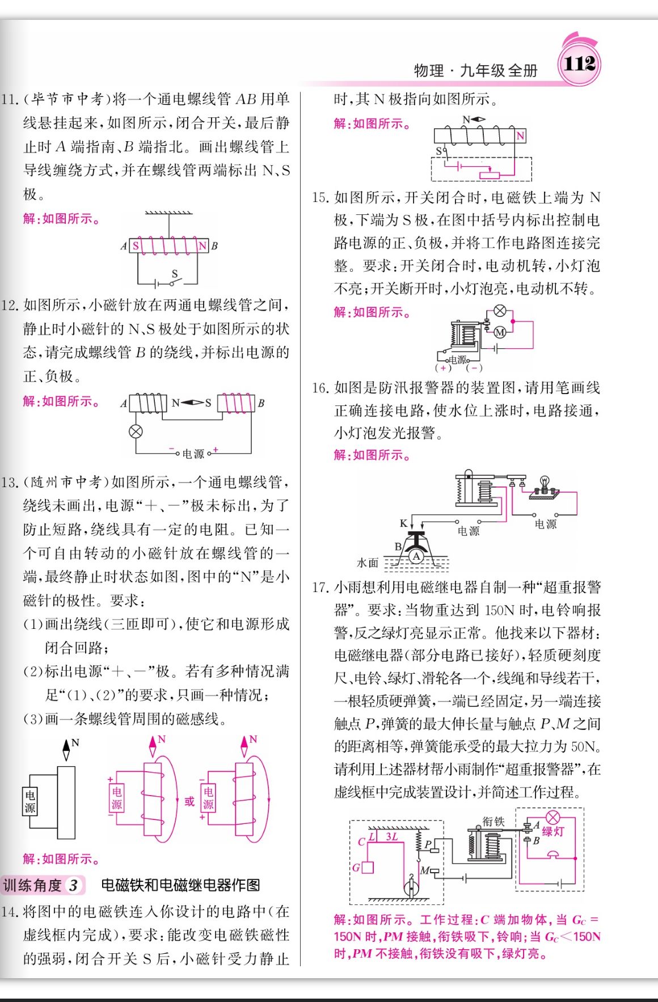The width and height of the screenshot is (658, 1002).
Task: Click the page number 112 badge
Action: tap(579, 63)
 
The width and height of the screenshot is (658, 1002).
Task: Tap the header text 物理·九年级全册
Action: tap(476, 70)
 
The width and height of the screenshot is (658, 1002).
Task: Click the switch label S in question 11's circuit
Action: tap(175, 273)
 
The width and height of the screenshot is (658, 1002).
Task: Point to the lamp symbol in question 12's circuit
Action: tap(136, 432)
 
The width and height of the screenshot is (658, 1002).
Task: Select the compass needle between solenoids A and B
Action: tap(192, 403)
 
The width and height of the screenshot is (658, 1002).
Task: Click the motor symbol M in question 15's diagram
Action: tap(500, 332)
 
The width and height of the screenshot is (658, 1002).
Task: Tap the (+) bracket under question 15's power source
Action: tap(443, 367)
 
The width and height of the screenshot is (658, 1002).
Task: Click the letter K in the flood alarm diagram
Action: tap(403, 523)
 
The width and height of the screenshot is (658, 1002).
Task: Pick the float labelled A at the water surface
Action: tap(416, 556)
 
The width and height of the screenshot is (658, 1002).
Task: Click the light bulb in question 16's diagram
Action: tap(545, 484)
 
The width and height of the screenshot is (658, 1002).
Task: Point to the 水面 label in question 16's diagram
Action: tap(368, 563)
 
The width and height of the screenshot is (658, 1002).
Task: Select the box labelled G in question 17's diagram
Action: tap(367, 867)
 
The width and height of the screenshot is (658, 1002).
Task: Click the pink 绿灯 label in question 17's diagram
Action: tap(552, 831)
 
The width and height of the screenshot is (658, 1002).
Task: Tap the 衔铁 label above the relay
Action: tap(493, 821)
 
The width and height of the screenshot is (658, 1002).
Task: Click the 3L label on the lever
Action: tap(391, 836)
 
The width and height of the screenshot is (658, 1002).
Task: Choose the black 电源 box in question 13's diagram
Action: tap(30, 801)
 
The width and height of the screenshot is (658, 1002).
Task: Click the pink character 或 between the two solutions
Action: tap(189, 801)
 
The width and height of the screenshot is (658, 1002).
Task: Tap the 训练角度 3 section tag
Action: tap(43, 885)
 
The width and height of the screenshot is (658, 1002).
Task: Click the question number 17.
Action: tap(320, 587)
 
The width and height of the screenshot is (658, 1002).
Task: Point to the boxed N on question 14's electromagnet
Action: tap(521, 136)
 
